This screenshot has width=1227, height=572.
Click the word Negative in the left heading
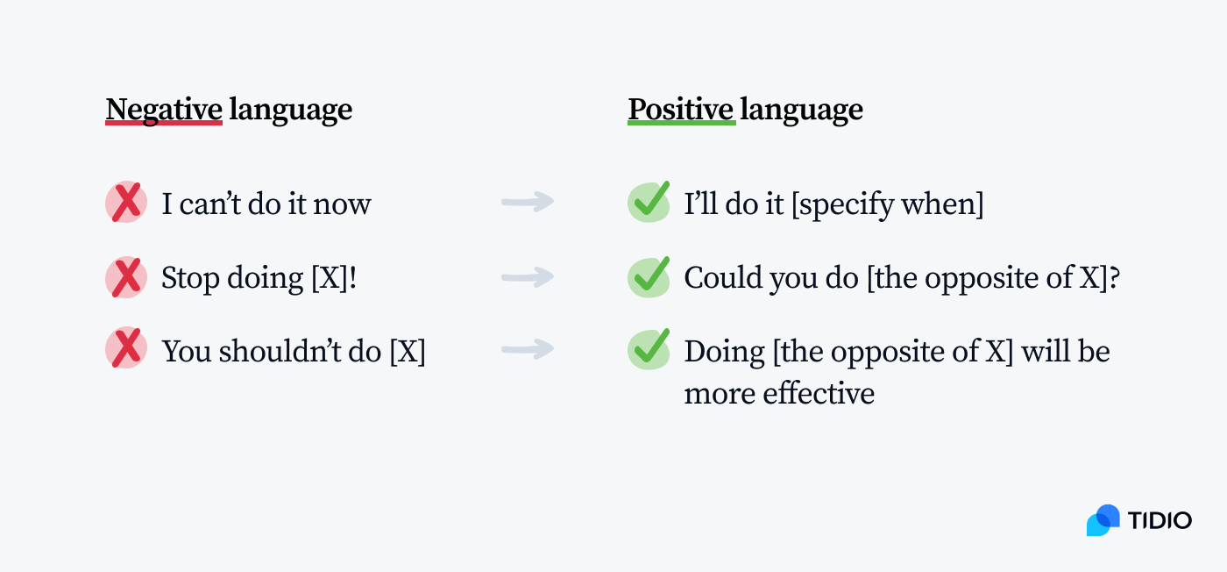point(163,110)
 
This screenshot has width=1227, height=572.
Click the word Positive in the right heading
point(681,110)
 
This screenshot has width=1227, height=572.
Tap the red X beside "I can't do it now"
point(126,204)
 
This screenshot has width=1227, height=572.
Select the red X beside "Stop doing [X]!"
point(126,277)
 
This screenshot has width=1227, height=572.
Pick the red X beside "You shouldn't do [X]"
point(126,350)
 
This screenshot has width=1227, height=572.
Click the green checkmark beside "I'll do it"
point(649,203)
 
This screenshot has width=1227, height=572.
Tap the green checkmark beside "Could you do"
point(649,276)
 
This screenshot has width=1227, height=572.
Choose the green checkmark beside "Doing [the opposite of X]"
point(649,349)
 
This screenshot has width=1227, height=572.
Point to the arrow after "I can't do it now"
point(528,203)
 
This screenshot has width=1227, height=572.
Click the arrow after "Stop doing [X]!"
point(528,277)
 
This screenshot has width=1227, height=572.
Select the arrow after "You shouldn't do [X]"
point(528,349)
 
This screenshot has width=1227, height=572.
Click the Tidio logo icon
point(1103,520)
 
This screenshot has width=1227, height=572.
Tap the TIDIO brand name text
point(1160,520)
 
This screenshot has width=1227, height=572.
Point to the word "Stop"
point(188,278)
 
